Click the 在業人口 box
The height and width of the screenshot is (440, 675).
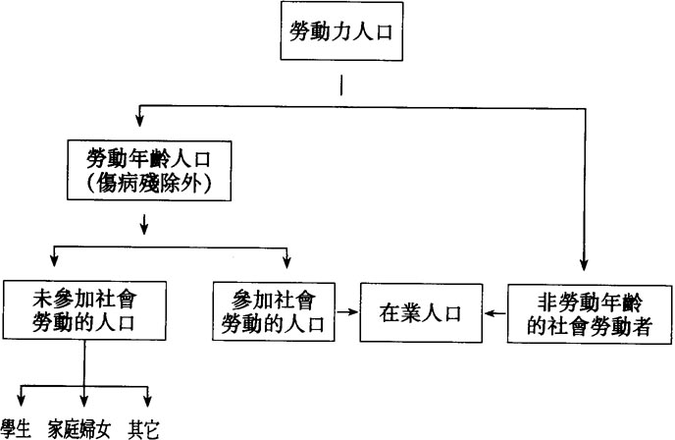click(x=419, y=313)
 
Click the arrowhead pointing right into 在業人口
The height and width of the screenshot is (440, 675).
click(x=352, y=314)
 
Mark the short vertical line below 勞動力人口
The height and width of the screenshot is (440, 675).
click(x=339, y=85)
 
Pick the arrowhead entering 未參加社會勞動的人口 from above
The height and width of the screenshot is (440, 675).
click(x=54, y=265)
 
